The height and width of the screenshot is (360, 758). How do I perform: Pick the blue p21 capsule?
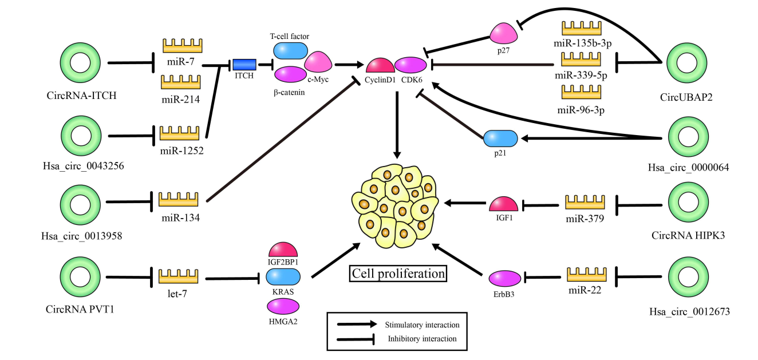click(500, 139)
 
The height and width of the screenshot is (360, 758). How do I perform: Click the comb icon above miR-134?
click(177, 199)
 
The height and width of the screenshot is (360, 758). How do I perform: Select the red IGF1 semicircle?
click(504, 204)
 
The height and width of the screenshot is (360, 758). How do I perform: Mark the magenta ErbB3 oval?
click(505, 278)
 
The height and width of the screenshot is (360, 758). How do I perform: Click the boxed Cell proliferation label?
click(398, 274)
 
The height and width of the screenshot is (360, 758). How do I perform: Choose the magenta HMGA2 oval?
click(283, 309)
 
